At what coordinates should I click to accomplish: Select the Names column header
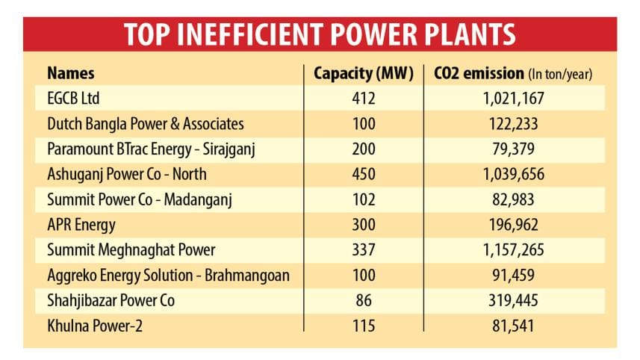click(x=71, y=73)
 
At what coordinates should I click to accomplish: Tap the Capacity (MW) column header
click(x=363, y=73)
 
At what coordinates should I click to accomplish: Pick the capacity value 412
click(x=364, y=99)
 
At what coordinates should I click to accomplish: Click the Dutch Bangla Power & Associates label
click(x=146, y=124)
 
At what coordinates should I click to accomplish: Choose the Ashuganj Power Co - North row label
click(x=127, y=174)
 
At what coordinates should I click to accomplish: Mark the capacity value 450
click(x=364, y=174)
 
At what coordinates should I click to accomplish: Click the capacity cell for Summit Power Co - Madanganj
click(x=364, y=199)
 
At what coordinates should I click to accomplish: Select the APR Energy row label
click(x=82, y=225)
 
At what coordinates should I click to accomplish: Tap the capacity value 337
click(x=364, y=250)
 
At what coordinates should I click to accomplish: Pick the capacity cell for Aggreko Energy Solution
click(x=364, y=276)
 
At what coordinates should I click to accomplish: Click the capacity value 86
click(x=364, y=300)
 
